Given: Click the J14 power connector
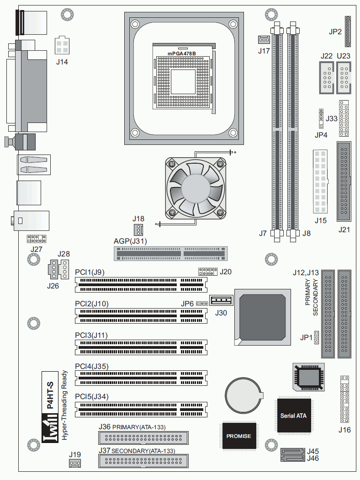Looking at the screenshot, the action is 62,46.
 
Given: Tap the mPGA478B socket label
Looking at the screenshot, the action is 182,53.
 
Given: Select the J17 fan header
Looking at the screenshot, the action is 264,39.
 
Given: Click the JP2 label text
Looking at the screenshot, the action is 335,32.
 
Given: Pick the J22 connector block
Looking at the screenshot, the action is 327,78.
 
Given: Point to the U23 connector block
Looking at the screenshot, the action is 344,78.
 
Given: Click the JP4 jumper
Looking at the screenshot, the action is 321,118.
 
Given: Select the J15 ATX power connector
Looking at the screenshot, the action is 320,181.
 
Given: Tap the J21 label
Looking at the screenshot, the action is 344,229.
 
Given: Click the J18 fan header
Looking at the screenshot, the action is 138,229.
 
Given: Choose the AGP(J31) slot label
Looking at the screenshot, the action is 130,241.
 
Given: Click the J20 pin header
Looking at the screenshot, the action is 208,272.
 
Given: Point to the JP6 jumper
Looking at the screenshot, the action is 202,304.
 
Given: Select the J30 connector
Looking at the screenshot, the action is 222,300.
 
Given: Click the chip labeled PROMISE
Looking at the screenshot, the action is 239,436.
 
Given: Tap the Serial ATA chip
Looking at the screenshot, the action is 294,416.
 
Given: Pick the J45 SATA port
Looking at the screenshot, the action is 293,452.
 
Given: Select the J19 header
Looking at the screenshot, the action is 75,463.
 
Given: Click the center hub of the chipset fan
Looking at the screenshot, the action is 196,188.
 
